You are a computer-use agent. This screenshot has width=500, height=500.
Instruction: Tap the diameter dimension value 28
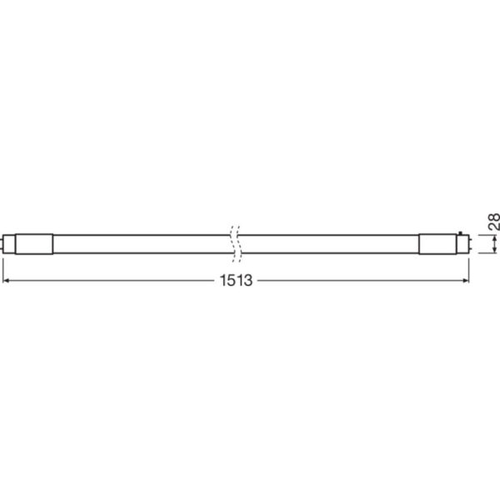(493, 222)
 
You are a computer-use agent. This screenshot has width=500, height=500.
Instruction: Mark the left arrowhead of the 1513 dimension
(6, 280)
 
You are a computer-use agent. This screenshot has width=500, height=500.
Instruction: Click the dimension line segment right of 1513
(358, 280)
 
